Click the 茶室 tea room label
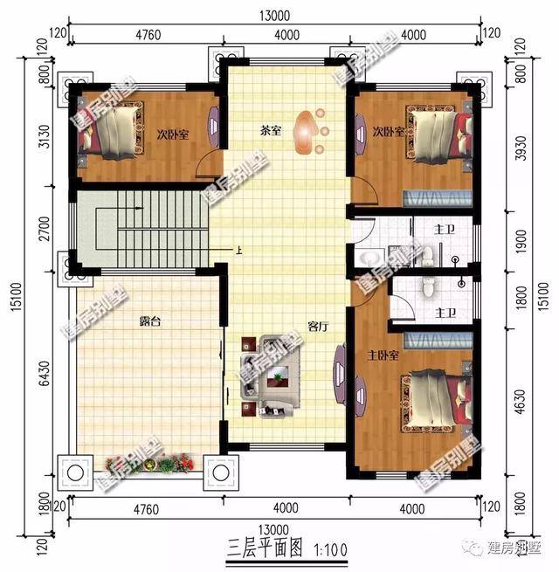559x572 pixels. click(270, 131)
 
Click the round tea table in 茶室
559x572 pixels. click(307, 130)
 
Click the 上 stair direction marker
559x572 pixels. click(238, 252)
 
